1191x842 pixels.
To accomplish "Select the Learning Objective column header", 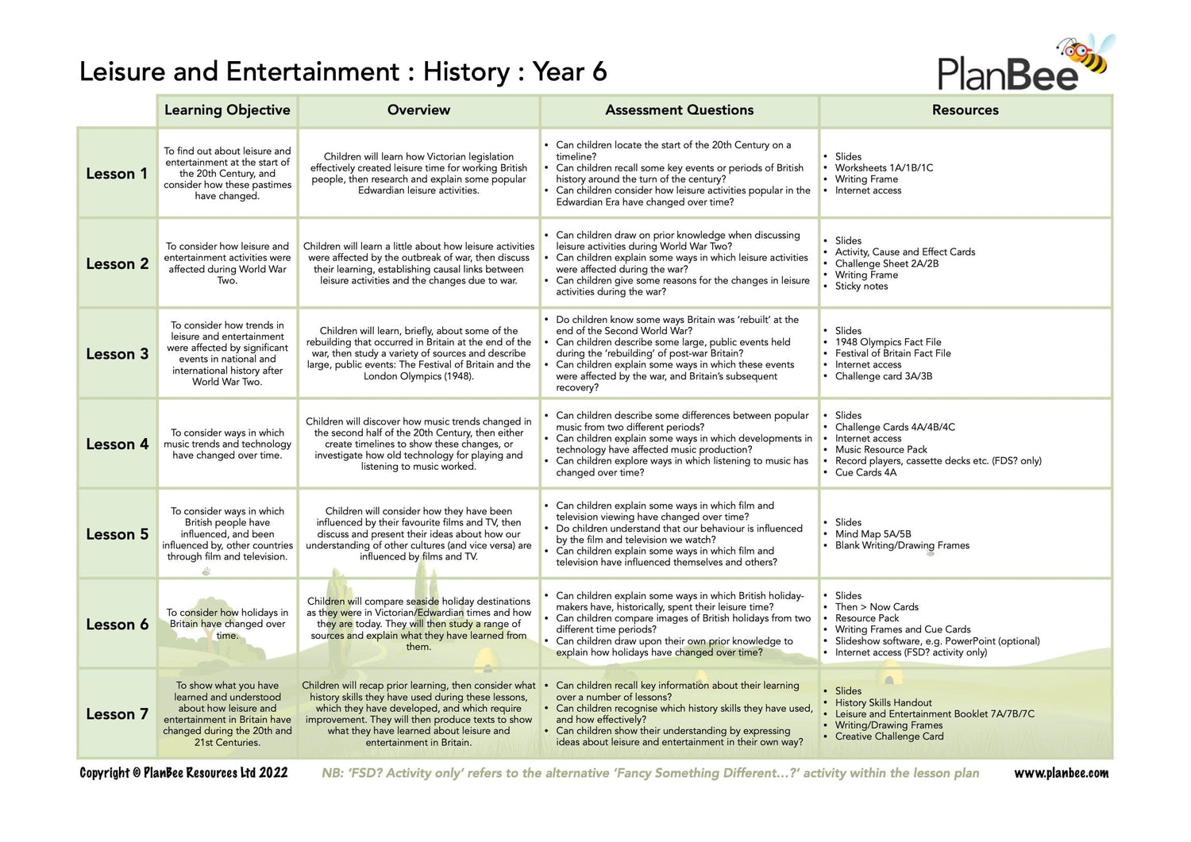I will pos(227,110).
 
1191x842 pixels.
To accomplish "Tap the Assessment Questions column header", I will pos(679,110).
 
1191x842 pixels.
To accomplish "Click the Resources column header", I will pos(965,110).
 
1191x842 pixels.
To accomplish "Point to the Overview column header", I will pos(418,110).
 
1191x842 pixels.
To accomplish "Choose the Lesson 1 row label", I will pos(117,174).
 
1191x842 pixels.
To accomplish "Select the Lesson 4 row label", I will pos(117,444).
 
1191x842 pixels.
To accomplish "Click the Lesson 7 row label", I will pos(117,714).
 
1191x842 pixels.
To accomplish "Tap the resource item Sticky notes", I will pos(861,286).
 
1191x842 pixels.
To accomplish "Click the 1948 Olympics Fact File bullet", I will pos(888,342).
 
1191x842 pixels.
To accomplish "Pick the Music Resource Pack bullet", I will pos(881,449).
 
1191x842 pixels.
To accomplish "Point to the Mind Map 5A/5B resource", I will pos(873,534).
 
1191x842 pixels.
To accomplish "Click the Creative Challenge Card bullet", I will pos(889,736).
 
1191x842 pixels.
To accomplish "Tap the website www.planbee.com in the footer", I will pos(1061,773).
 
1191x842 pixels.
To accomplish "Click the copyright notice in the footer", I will pos(183,773).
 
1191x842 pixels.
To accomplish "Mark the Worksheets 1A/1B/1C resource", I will pos(884,167).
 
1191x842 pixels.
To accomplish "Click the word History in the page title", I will pos(466,71).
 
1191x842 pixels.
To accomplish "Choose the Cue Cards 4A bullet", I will pos(865,472).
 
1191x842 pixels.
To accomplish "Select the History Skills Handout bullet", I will pos(883,702).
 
